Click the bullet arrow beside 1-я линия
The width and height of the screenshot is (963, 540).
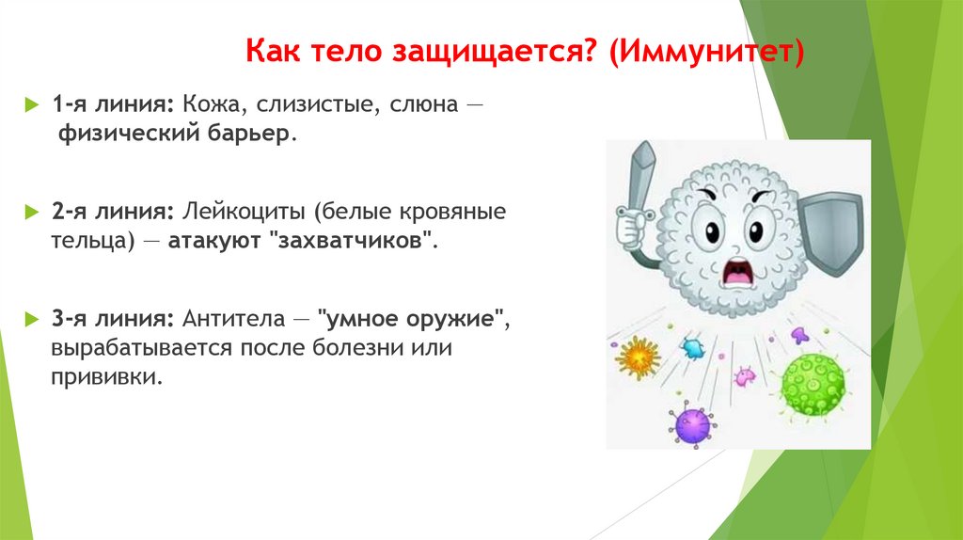click(32, 104)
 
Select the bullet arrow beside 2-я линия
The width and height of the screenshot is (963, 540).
click(32, 212)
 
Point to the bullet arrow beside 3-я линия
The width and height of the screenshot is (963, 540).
click(32, 320)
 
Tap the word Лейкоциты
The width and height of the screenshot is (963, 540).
click(244, 212)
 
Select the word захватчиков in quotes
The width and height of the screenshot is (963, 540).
click(350, 240)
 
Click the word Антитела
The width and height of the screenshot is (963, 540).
click(234, 319)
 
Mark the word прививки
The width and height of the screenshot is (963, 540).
click(107, 376)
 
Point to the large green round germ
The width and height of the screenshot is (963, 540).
click(813, 385)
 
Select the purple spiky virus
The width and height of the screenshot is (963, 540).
click(692, 424)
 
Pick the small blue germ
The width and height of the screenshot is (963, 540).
click(693, 348)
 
